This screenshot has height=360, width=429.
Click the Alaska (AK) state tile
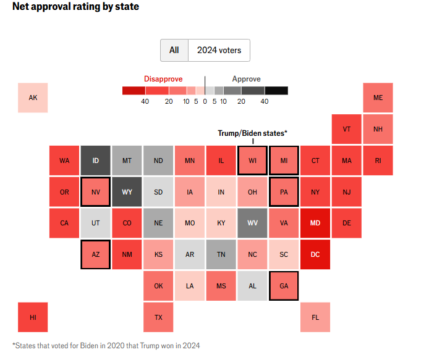(33, 98)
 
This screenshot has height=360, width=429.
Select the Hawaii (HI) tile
(33, 317)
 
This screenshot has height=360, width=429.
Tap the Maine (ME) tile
(378, 98)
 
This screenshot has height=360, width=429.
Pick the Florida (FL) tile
(315, 317)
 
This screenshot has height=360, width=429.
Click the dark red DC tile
(315, 254)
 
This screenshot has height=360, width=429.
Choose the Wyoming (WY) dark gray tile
(127, 192)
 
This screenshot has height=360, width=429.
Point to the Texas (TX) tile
(158, 317)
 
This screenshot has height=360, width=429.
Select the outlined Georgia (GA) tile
(284, 286)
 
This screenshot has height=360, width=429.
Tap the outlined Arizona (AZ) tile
(95, 254)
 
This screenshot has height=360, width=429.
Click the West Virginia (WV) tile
(252, 223)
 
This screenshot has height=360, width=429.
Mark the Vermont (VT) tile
(346, 129)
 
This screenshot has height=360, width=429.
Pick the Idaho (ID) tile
(95, 161)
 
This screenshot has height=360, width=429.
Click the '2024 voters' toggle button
(219, 50)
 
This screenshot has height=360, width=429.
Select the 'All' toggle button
(174, 50)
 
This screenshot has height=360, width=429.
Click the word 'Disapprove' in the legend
(163, 79)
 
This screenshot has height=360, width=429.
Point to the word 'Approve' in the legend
(246, 79)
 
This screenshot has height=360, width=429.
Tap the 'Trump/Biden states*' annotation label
(252, 133)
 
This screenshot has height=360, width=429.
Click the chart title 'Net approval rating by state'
(75, 7)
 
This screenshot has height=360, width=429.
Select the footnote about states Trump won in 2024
(106, 345)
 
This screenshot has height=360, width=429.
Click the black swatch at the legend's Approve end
(276, 90)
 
